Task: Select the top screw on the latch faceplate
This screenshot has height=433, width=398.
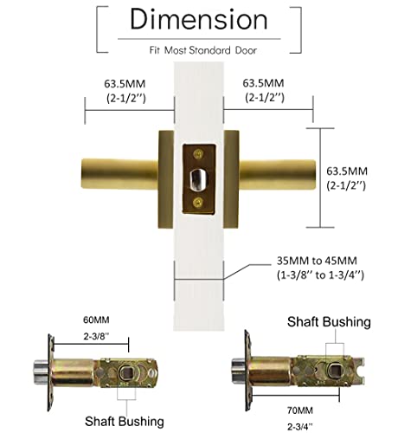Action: (200, 154)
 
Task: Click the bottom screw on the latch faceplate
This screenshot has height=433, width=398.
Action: (200, 203)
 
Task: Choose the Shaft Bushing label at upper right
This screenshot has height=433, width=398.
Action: (329, 321)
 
